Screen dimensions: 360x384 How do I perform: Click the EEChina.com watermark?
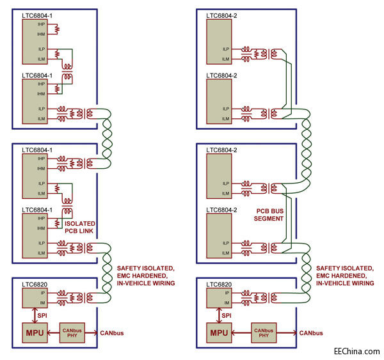tap(356, 351)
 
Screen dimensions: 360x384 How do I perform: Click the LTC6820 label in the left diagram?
tap(35, 283)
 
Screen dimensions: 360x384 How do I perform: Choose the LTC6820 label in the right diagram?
tap(220, 283)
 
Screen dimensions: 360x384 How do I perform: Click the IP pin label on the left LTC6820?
tap(26, 292)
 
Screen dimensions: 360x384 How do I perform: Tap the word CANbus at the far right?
tap(309, 333)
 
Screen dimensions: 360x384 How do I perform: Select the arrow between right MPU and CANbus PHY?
tap(241, 333)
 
